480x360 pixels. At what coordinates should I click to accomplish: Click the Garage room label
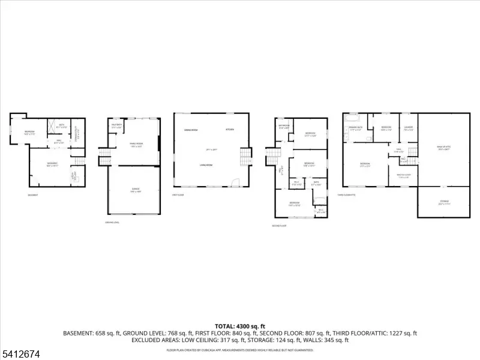pos(136,189)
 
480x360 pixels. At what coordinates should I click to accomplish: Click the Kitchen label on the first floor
pos(230,130)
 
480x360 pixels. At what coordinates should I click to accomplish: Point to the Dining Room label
pos(191,130)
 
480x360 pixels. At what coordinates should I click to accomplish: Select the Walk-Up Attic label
pos(444,150)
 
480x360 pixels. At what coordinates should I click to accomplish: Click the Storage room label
pos(444,202)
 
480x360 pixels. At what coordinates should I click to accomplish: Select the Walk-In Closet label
pos(403,176)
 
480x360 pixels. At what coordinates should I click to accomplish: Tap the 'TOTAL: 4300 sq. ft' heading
pos(240,326)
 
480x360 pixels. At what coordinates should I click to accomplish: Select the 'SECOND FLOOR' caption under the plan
pos(279,226)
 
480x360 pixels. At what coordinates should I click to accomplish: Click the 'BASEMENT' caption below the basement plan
pos(34,195)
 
